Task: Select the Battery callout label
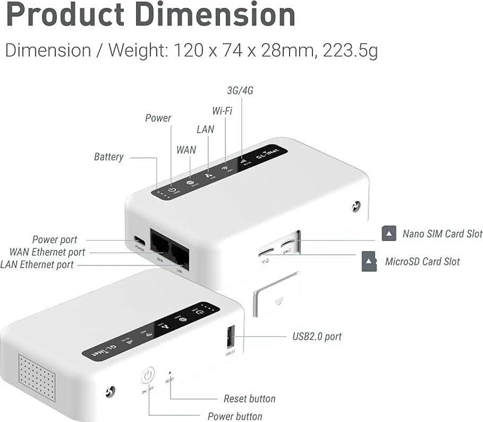pyautogui.click(x=108, y=157)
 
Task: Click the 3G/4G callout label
pyautogui.click(x=240, y=91)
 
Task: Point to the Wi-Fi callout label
pyautogui.click(x=222, y=111)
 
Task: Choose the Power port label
pyautogui.click(x=54, y=240)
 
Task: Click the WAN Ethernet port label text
pyautogui.click(x=47, y=252)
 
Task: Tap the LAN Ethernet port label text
pyautogui.click(x=37, y=264)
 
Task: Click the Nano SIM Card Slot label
pyautogui.click(x=442, y=234)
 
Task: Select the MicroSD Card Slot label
pyautogui.click(x=422, y=262)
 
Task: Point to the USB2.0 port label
pyautogui.click(x=317, y=337)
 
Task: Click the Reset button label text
pyautogui.click(x=249, y=399)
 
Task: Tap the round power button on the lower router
pyautogui.click(x=148, y=375)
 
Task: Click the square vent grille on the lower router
pyautogui.click(x=37, y=377)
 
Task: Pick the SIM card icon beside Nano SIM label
pyautogui.click(x=389, y=233)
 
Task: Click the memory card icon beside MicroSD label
pyautogui.click(x=369, y=261)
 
